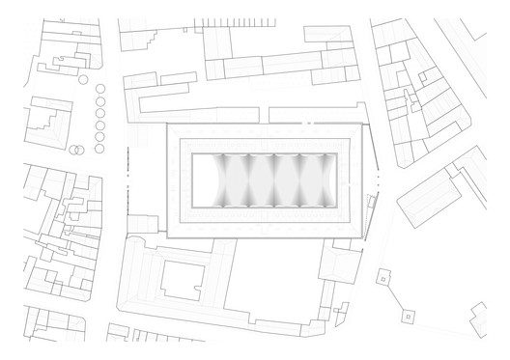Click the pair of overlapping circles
point(75,150)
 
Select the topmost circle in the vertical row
point(100,89)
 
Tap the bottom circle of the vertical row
point(100,148)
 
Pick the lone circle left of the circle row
point(83,78)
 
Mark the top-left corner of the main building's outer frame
point(166,124)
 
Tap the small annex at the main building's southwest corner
point(145,227)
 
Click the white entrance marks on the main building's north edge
point(307,124)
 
